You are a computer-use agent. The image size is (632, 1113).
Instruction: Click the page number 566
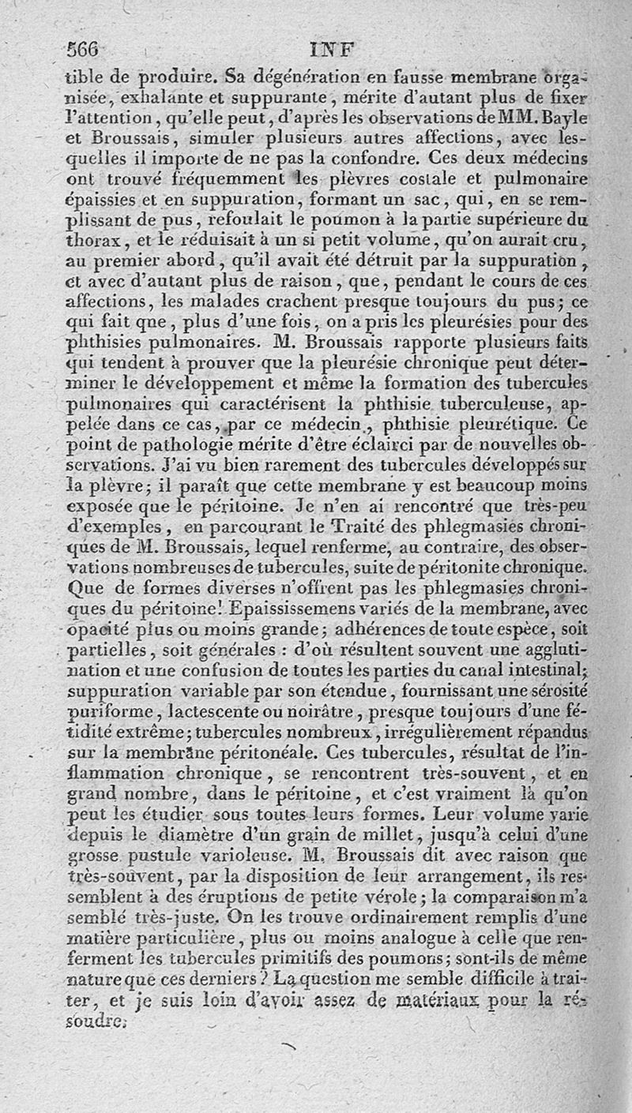coord(82,48)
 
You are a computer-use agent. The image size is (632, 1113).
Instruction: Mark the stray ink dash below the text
coord(288,1047)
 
